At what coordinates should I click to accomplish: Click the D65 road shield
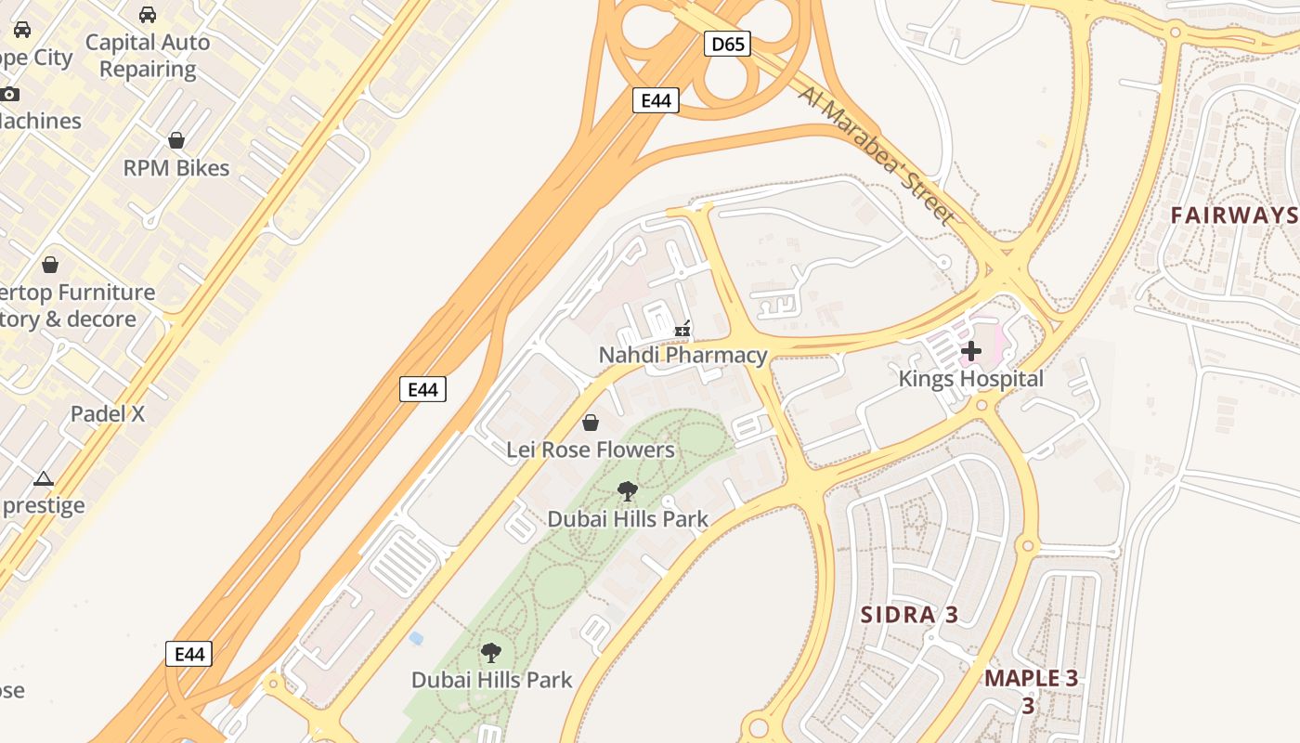(x=726, y=44)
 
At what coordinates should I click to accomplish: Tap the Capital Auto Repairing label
(x=148, y=56)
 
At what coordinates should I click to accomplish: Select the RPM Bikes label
(x=176, y=168)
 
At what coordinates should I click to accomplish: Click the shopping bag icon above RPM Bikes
(x=176, y=140)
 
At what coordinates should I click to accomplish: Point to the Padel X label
(x=108, y=414)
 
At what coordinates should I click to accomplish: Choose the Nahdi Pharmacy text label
(x=682, y=355)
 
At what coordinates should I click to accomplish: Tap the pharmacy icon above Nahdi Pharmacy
(x=682, y=329)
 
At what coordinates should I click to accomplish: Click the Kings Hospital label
(x=970, y=379)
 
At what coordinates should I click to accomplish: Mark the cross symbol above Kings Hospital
(x=971, y=351)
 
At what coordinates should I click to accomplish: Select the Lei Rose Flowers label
(x=590, y=450)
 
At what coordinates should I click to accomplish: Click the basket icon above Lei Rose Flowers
(x=590, y=424)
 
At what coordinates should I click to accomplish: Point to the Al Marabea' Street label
(x=876, y=156)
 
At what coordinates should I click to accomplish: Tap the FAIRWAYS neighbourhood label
(x=1233, y=215)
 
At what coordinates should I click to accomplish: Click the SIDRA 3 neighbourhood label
(x=909, y=615)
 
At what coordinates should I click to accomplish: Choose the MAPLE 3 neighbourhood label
(x=1031, y=678)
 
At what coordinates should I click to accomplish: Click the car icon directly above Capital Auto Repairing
(x=148, y=15)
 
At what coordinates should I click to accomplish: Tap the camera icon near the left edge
(x=9, y=94)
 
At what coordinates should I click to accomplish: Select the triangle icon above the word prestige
(x=43, y=479)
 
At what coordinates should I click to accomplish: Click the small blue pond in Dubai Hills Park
(x=416, y=638)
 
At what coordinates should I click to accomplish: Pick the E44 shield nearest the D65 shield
(x=656, y=100)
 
